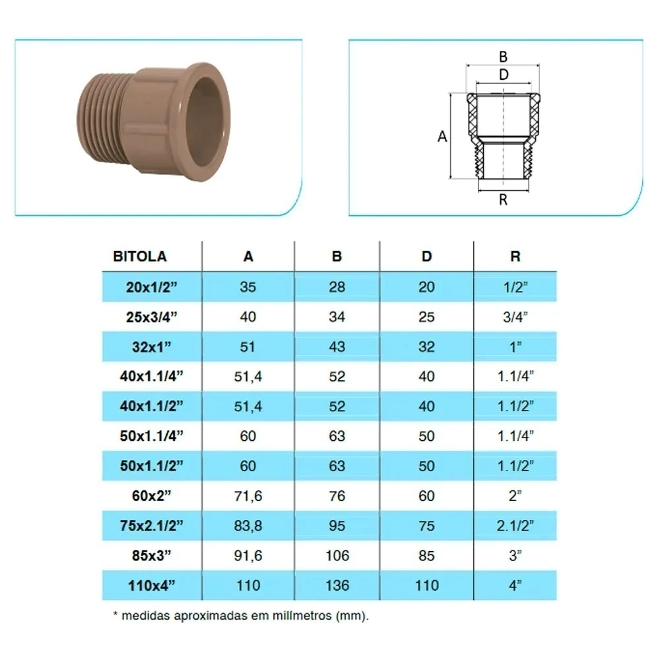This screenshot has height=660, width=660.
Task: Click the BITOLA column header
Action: tap(140, 256)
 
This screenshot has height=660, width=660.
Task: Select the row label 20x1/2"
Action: tap(152, 287)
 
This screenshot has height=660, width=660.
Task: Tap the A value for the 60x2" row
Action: tap(248, 496)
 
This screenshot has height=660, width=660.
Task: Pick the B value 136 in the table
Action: tap(337, 585)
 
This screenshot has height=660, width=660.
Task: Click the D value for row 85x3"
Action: tap(426, 556)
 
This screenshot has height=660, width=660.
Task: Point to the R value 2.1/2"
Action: tap(515, 526)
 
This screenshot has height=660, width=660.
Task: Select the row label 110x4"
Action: tap(152, 585)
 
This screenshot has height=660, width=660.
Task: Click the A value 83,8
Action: tap(248, 526)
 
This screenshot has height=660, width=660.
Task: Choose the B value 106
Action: tap(337, 556)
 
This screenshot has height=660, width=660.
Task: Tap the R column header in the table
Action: tap(515, 256)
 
